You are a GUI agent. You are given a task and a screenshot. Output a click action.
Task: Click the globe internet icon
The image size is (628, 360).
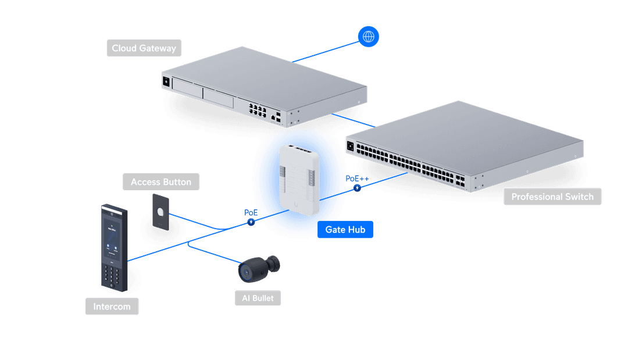(368, 37)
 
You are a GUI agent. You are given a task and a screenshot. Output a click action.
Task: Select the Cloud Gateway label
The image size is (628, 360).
(144, 48)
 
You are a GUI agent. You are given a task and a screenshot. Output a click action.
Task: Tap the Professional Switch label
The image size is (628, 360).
(552, 197)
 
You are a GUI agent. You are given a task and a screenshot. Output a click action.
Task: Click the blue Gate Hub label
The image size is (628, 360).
(345, 230)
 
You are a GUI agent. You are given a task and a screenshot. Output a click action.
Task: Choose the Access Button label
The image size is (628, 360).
(160, 182)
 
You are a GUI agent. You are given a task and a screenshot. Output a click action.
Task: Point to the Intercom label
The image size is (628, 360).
(112, 306)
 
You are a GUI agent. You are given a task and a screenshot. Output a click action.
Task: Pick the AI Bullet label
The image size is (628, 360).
(258, 298)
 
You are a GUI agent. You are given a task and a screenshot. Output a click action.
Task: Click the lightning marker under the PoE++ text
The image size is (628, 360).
(357, 188)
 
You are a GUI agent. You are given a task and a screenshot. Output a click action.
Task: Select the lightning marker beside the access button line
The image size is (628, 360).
(251, 222)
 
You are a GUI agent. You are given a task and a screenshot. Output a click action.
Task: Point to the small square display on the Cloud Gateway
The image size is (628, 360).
(166, 81)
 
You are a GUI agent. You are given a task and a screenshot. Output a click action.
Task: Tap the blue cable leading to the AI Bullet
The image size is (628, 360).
(215, 254)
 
